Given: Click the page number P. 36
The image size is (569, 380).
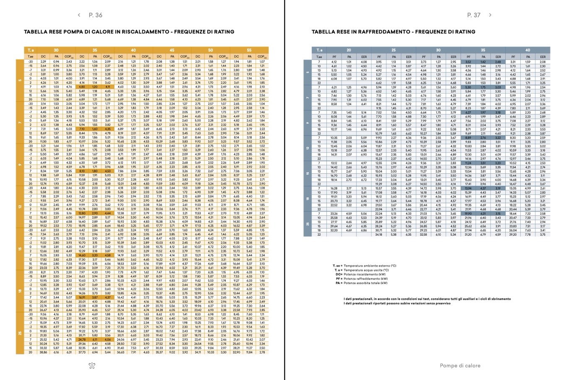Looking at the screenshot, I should [x=95, y=15].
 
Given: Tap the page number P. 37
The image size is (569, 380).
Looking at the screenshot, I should [x=474, y=15].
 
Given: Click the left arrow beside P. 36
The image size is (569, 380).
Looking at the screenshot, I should [x=79, y=15].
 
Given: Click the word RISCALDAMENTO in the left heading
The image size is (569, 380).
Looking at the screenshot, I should [x=128, y=32].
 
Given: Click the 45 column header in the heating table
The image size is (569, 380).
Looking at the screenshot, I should [x=172, y=50].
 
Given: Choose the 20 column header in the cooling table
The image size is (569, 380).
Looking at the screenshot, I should [x=349, y=50].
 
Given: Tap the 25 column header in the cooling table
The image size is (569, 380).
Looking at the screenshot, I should [x=394, y=50].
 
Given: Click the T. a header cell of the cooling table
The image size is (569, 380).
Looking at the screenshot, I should [x=319, y=50].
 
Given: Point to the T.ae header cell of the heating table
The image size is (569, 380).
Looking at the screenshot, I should [x=31, y=56].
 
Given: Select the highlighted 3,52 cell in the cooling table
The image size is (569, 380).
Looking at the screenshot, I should [x=468, y=62].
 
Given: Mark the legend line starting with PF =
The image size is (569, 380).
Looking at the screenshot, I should [x=363, y=278].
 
